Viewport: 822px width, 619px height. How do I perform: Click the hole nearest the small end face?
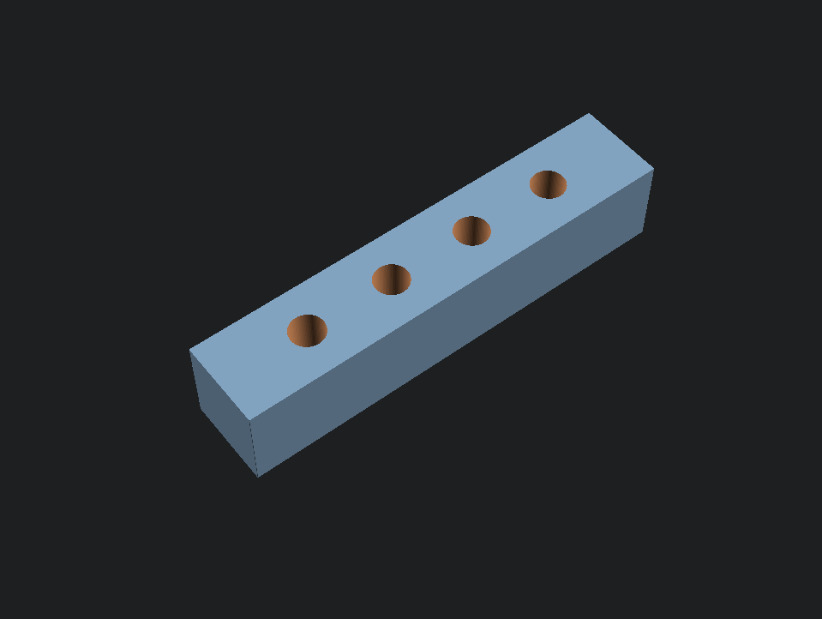[307, 331]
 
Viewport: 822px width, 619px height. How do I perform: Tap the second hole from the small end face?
[392, 279]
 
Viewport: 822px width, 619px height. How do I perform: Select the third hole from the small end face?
[471, 231]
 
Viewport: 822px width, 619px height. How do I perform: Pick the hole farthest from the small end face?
[548, 184]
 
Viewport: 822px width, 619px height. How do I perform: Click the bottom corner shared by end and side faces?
[258, 477]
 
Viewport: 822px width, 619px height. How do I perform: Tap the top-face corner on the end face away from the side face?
[189, 350]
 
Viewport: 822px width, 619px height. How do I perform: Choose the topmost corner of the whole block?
[589, 113]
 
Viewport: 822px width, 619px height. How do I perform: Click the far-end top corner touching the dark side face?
[654, 169]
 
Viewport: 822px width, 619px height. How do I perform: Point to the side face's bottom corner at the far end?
[643, 230]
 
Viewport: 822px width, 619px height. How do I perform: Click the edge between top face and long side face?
[453, 295]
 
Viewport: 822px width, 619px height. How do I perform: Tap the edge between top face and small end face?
[220, 385]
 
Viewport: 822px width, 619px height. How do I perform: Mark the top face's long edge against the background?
[389, 231]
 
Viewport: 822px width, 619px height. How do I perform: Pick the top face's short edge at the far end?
[621, 141]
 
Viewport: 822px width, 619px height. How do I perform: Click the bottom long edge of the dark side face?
[450, 353]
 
